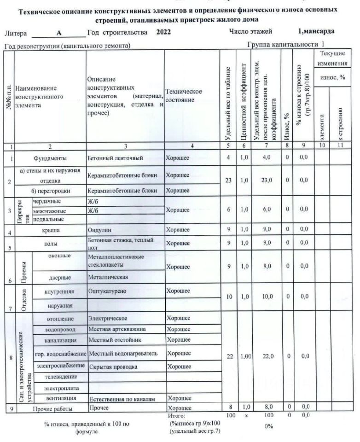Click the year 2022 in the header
coord(164,32)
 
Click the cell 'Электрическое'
coord(107,318)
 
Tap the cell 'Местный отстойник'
coord(112,340)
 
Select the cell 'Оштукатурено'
coord(107,291)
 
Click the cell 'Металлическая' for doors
coord(108,277)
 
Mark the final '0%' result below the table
coord(269,425)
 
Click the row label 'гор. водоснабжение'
coord(60,353)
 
